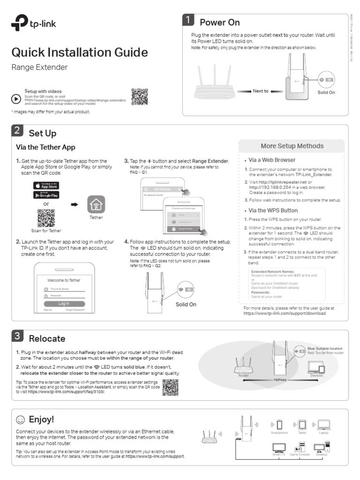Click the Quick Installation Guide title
[79, 52]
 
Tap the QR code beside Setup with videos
[139, 96]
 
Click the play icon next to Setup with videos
[15, 99]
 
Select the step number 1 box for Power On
[188, 20]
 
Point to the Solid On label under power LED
[326, 92]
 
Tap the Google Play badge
[45, 195]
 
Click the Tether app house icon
[96, 204]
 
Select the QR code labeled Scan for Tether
[46, 217]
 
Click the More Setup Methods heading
[292, 146]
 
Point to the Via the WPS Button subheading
[273, 210]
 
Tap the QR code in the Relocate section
[170, 387]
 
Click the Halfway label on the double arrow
[280, 380]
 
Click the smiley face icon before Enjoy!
[20, 419]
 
